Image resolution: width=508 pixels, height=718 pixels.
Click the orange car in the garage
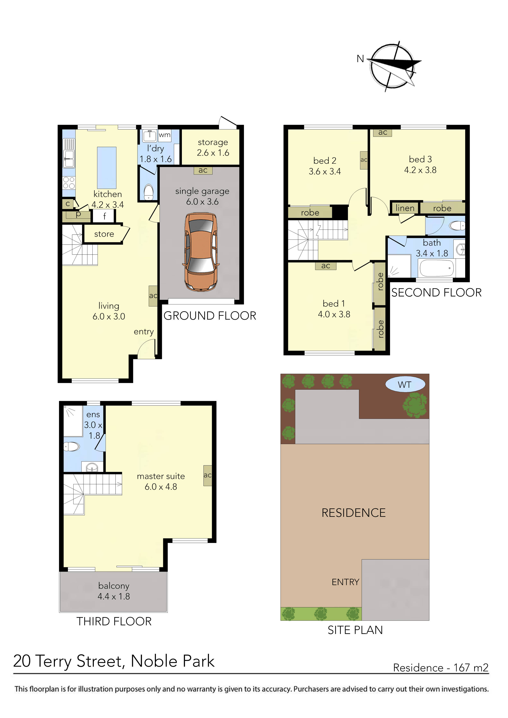click(201, 252)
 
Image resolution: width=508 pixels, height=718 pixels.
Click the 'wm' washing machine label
click(165, 135)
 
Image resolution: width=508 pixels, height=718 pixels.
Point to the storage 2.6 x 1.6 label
click(213, 148)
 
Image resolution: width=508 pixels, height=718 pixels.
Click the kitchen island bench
click(107, 168)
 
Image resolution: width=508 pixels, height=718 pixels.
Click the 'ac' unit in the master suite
click(208, 475)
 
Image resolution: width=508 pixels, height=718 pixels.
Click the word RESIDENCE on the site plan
click(354, 513)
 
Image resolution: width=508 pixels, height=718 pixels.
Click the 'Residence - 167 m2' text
click(440, 668)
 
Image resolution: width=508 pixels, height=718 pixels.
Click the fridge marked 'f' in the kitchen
click(104, 216)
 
